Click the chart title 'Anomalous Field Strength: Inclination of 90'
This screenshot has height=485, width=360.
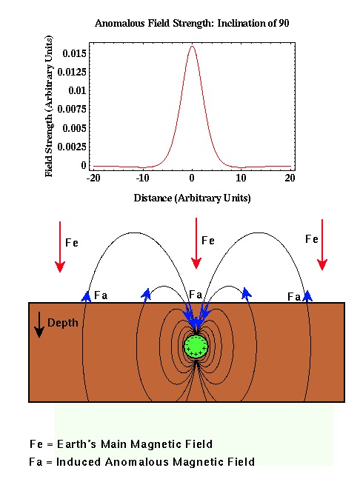coord(192,23)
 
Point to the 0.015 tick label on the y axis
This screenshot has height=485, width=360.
coord(74,53)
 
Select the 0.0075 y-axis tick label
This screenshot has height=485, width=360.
coord(72,109)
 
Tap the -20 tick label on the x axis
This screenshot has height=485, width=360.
coord(93,178)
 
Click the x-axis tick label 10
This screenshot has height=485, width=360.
coord(241,178)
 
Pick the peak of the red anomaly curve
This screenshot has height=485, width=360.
coord(193,46)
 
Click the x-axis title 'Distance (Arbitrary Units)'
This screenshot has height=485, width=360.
coord(192,198)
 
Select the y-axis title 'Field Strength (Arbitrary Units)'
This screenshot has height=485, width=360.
coord(49,106)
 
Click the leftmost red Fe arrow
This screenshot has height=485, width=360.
coord(60,247)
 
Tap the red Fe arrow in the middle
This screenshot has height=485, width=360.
coord(196,243)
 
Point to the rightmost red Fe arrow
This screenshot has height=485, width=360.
coord(322,244)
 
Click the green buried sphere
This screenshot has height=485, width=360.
coord(196,347)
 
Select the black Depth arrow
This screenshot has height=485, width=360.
coord(39,324)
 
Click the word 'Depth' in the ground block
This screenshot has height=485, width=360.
coord(62,323)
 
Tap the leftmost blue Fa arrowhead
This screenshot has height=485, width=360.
coord(86,296)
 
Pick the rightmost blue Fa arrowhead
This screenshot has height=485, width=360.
coord(307,296)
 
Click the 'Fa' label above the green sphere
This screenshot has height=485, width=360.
coord(196,295)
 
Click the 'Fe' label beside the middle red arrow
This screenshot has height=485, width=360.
coord(208,241)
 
